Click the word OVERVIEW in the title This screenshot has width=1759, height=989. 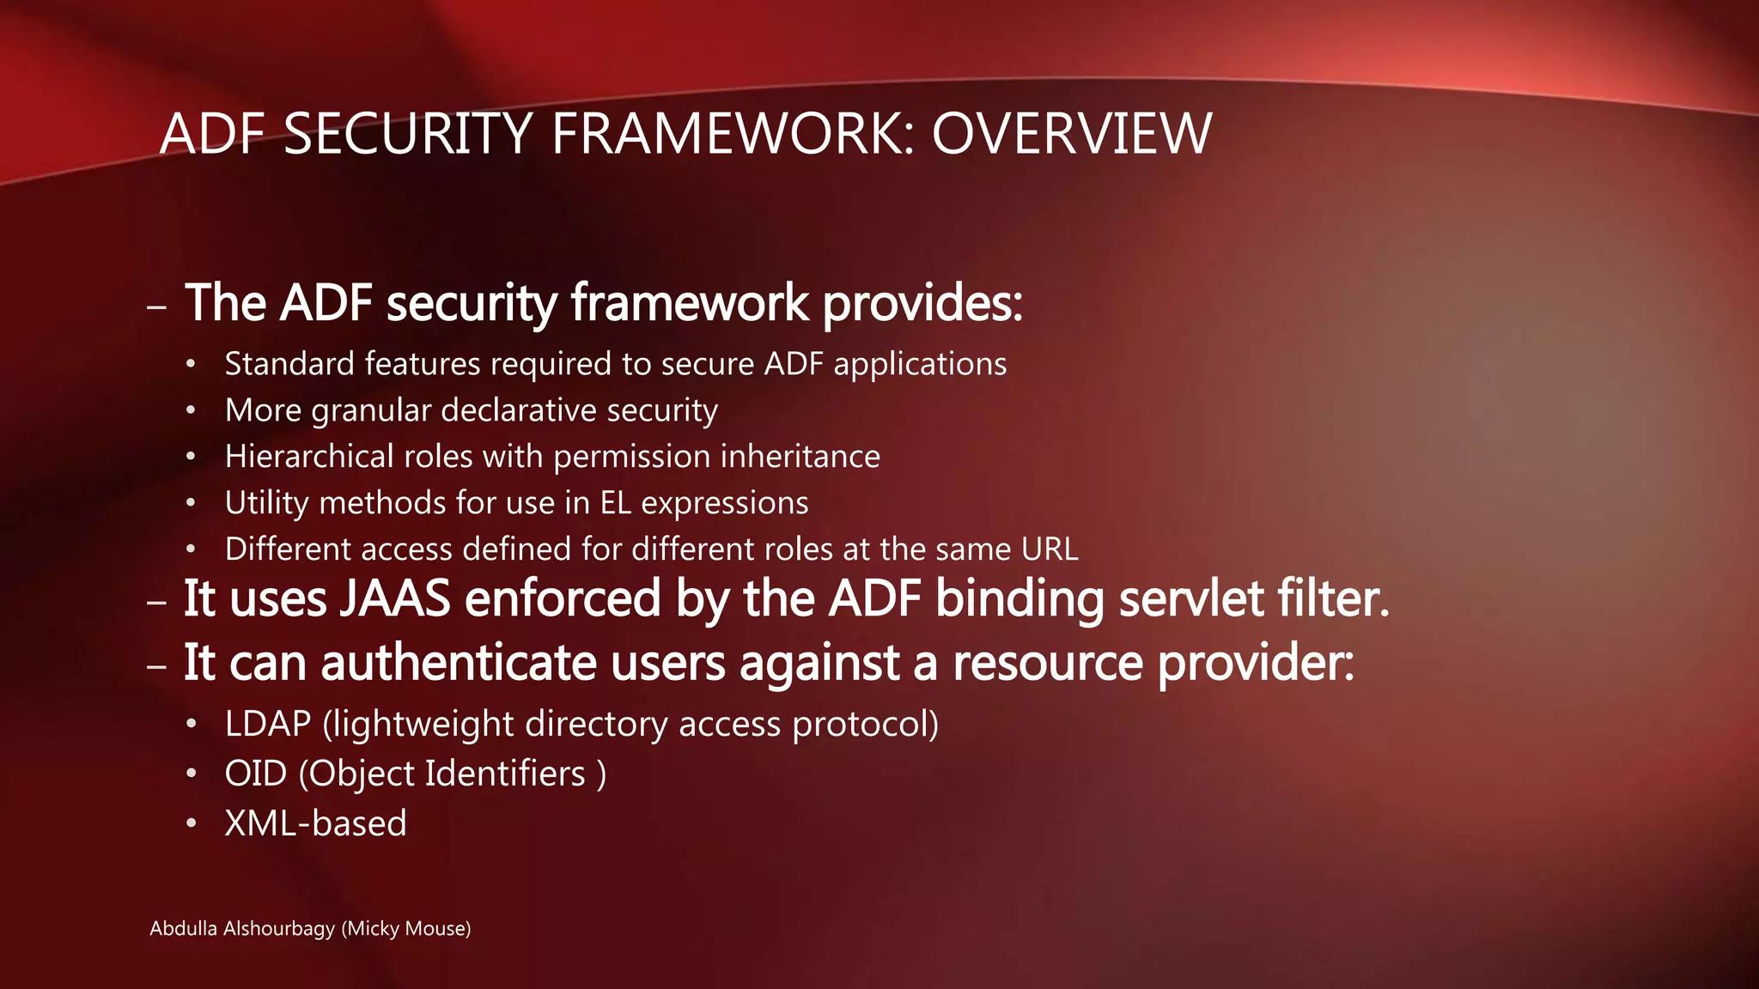tap(1071, 134)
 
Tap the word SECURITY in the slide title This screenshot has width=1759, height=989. tap(408, 134)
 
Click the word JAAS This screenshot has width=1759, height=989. tap(394, 598)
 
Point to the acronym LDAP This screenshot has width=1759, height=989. tap(267, 725)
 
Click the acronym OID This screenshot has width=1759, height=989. tap(255, 774)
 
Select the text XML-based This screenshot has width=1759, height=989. tap(315, 823)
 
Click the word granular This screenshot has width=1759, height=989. tap(370, 411)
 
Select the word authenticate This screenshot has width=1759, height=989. tap(459, 664)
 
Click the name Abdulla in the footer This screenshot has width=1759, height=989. tap(183, 929)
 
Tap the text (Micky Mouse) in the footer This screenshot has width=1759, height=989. tap(405, 929)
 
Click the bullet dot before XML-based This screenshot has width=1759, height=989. tap(192, 824)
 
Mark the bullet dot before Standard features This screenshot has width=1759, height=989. tap(192, 365)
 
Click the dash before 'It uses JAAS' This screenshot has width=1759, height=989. tap(156, 602)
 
